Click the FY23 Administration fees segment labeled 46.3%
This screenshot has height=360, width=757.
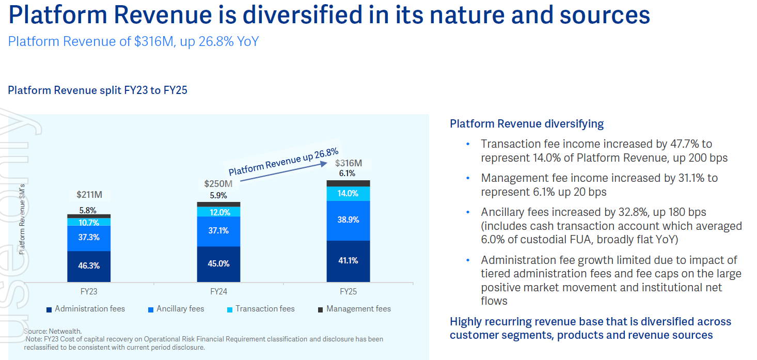(x=89, y=266)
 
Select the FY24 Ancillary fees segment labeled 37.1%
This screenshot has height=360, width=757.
(x=218, y=231)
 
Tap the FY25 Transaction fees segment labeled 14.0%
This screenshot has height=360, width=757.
(x=348, y=194)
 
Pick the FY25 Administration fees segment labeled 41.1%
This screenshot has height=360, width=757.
(x=348, y=261)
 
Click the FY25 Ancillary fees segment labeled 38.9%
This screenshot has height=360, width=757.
(x=348, y=220)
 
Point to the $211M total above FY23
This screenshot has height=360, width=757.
(x=89, y=195)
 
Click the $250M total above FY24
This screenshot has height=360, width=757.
(x=218, y=183)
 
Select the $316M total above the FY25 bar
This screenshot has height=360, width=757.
(x=349, y=163)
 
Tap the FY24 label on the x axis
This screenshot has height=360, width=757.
(x=218, y=291)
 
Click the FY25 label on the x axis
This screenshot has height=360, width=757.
(x=348, y=291)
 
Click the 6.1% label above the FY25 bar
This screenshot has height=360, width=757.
(x=347, y=174)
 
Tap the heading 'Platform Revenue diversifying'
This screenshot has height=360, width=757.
(x=526, y=124)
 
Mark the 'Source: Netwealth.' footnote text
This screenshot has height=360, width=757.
(x=53, y=331)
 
